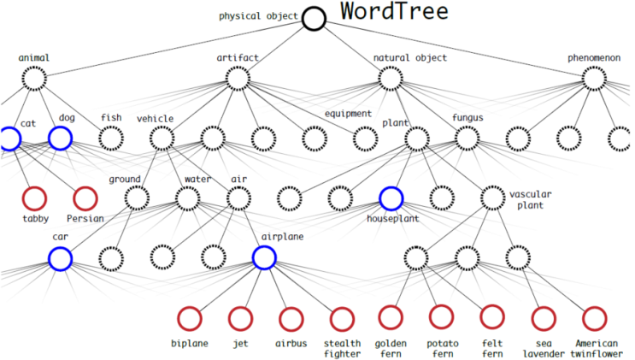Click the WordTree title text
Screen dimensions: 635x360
pyautogui.click(x=394, y=11)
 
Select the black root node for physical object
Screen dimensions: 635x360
pyautogui.click(x=314, y=9)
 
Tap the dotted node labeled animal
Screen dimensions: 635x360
pyautogui.click(x=34, y=67)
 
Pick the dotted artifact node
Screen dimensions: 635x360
pyautogui.click(x=238, y=67)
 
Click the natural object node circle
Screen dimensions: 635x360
pyautogui.click(x=391, y=67)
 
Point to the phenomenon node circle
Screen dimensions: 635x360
pyautogui.click(x=594, y=67)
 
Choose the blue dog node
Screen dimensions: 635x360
pyautogui.click(x=61, y=127)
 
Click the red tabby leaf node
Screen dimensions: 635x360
pyautogui.click(x=35, y=187)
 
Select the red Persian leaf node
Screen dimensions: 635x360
pyautogui.click(x=85, y=187)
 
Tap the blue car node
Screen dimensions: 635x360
pyautogui.click(x=61, y=248)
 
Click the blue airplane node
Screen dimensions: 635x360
pyautogui.click(x=264, y=246)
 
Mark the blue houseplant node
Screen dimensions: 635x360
pyautogui.click(x=391, y=187)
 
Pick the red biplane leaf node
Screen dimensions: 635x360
pyautogui.click(x=190, y=308)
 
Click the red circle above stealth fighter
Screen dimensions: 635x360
pyautogui.click(x=342, y=308)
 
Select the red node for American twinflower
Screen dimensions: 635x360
pyautogui.click(x=595, y=308)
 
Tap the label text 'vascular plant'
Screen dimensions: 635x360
pyautogui.click(x=531, y=199)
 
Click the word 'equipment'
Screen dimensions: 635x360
pyautogui.click(x=349, y=114)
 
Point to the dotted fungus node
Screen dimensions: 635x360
pyautogui.click(x=467, y=127)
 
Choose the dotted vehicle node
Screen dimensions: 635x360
pyautogui.click(x=162, y=127)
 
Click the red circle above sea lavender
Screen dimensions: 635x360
pyautogui.click(x=544, y=308)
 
